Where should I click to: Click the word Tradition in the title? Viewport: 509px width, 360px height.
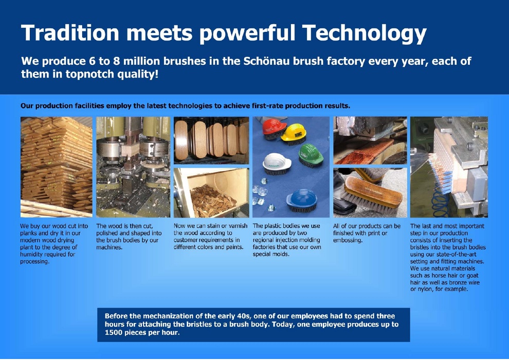pos(70,32)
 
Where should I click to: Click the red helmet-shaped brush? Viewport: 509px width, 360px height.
pos(274,129)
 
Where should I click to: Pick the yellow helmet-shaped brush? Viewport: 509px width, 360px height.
pos(294,133)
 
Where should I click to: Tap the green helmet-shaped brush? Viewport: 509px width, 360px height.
pos(311,155)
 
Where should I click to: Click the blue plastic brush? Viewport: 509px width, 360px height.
pos(302,201)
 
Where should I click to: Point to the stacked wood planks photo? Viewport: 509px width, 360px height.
pos(57,167)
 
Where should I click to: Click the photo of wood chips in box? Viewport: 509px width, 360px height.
pos(211,193)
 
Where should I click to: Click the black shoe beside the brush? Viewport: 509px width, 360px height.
pos(343,195)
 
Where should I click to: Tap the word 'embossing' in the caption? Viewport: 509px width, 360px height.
pos(348,241)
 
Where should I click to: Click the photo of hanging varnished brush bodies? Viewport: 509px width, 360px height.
pos(211,140)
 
